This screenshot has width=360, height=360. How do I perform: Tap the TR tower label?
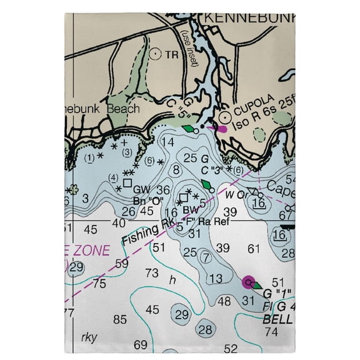point(172,54)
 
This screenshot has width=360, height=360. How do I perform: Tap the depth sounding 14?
point(167,142)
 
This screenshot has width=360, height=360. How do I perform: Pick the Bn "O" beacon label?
point(148,200)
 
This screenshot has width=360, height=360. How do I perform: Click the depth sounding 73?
point(152,272)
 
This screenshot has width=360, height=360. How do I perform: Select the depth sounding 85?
point(120,319)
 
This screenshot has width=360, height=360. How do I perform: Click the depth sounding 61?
point(253,248)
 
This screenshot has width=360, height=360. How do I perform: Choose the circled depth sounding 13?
point(216,278)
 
